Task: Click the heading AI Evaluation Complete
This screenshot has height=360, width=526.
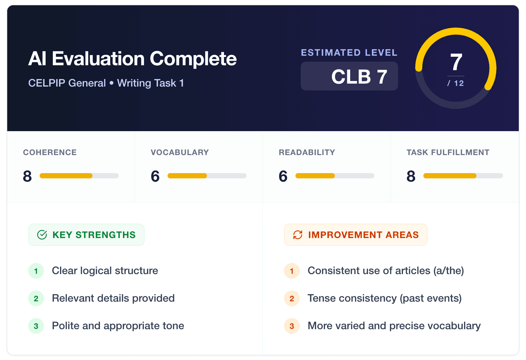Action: (x=132, y=59)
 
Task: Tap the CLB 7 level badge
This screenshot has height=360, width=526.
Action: (x=349, y=76)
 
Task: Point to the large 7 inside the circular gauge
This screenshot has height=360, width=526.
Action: (x=456, y=62)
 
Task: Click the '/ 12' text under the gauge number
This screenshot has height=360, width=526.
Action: (x=456, y=83)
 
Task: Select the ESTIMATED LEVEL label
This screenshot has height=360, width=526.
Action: (x=349, y=52)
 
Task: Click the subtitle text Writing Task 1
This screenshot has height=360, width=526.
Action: (x=151, y=83)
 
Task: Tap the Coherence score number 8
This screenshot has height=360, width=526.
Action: (x=27, y=176)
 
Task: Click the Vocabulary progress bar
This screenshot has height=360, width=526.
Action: (x=207, y=176)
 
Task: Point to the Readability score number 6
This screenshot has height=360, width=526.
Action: (x=283, y=176)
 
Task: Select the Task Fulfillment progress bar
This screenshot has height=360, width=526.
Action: (x=463, y=176)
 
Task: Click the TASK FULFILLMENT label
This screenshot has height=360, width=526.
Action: (x=448, y=152)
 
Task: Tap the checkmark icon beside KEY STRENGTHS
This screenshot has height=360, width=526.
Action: (x=42, y=235)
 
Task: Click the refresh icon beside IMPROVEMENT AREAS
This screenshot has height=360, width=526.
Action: (x=298, y=235)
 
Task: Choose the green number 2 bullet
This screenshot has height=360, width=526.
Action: (x=36, y=298)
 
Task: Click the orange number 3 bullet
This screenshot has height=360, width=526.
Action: (x=292, y=326)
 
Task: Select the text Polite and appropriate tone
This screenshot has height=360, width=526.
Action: (x=118, y=326)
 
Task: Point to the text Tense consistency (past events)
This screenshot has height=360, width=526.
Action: (x=384, y=298)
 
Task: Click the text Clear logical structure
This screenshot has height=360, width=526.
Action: (x=105, y=271)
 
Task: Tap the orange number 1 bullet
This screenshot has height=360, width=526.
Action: (x=292, y=271)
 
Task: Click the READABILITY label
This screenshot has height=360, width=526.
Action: (x=307, y=152)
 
